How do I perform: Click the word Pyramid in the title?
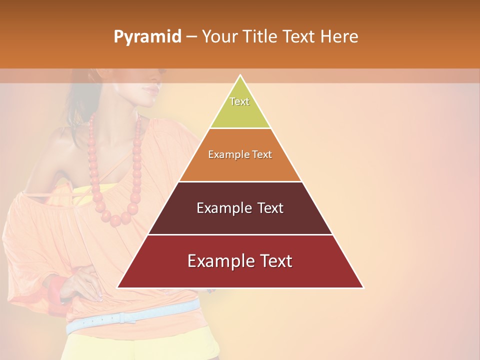pos(147,37)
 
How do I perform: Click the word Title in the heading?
pos(261,37)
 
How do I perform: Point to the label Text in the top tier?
pos(239,101)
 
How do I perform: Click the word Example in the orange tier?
pos(223,154)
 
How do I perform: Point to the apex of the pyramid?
pos(240,76)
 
